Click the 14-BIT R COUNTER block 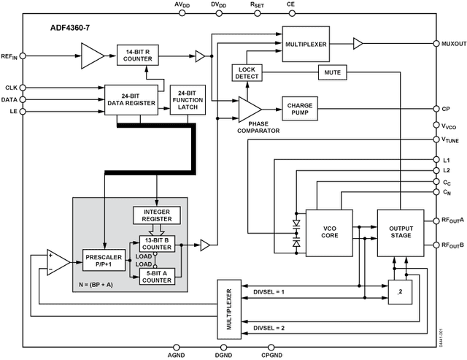138,54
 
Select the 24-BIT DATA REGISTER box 131,99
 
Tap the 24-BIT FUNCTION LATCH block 188,100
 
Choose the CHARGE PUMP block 300,107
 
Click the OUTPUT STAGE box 400,232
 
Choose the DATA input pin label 10,99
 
